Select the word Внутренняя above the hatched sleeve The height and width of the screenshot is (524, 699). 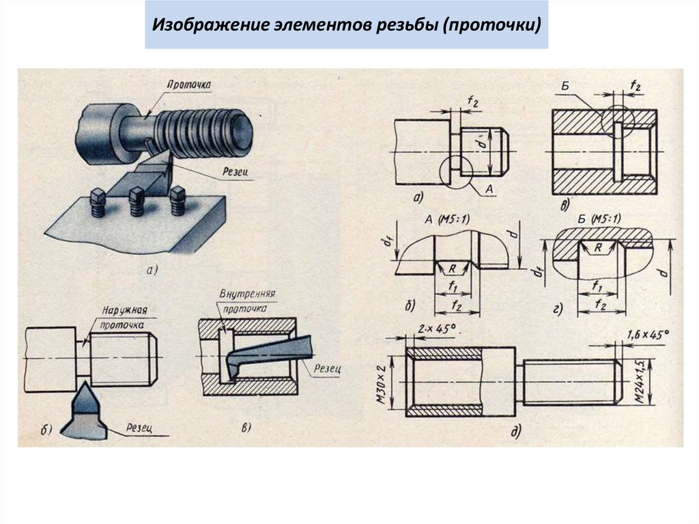click(247, 295)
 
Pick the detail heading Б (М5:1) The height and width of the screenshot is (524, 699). click(598, 219)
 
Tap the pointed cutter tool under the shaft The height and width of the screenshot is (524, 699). click(85, 410)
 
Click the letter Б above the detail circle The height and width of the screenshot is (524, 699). click(565, 86)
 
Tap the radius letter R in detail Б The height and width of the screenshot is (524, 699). click(598, 249)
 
